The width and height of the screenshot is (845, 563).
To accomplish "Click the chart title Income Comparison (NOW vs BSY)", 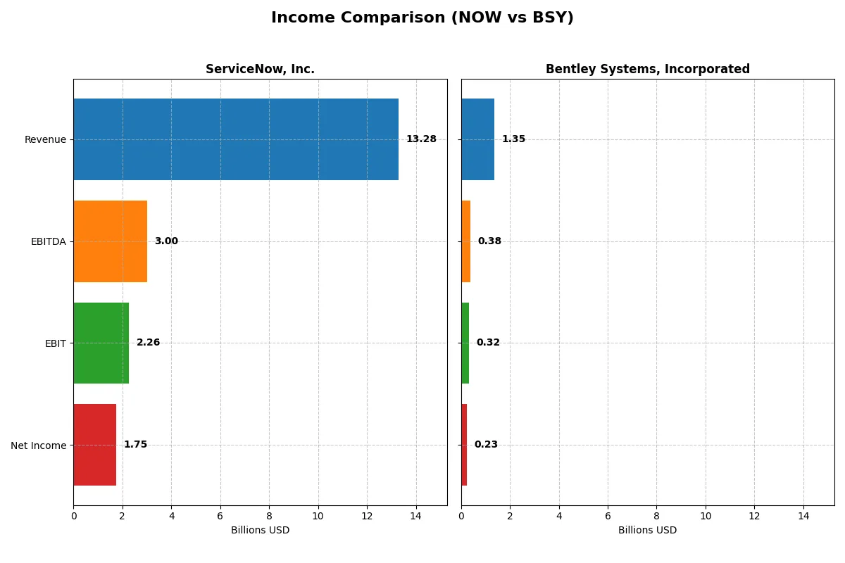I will (x=423, y=18).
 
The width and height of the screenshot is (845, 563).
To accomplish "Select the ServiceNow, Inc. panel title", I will (x=260, y=69).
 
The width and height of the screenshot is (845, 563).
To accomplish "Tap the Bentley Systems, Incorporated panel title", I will (x=647, y=69).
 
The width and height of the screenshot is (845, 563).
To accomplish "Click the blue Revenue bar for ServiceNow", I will (x=236, y=139).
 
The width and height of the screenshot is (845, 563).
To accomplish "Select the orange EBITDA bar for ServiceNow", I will (x=111, y=241).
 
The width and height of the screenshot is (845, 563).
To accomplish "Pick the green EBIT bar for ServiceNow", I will (x=101, y=343).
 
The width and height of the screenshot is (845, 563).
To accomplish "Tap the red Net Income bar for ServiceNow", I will (x=95, y=445).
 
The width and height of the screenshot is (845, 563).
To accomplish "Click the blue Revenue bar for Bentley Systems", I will (x=477, y=139).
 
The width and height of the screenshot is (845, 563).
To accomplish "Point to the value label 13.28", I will (x=421, y=139).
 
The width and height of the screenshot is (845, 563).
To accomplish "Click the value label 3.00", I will (x=166, y=241).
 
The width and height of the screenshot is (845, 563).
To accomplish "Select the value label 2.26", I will (x=148, y=343).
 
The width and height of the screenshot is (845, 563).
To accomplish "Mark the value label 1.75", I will (x=135, y=445).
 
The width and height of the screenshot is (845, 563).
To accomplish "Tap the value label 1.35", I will (x=513, y=139).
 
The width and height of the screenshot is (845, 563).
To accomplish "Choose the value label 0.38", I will (x=489, y=241).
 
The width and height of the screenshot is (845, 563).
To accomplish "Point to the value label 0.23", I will (x=486, y=445).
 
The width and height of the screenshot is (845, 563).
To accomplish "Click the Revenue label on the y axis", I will (x=45, y=139).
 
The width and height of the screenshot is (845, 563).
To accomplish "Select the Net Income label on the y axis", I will (x=39, y=445).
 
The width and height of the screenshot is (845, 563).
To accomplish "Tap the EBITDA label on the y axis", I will (x=49, y=241).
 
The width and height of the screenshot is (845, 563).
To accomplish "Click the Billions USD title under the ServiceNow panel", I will (x=260, y=530).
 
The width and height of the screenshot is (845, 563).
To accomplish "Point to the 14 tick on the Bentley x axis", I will (x=803, y=516).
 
